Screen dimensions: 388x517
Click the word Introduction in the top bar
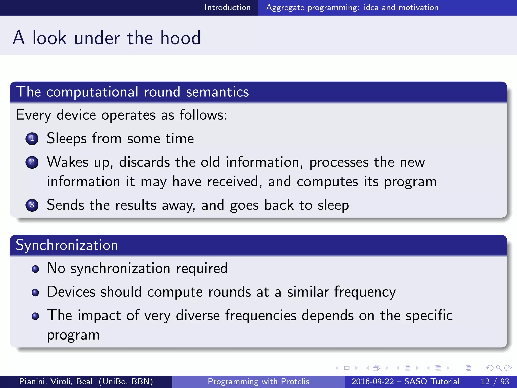click(227, 7)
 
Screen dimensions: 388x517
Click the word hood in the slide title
click(180, 38)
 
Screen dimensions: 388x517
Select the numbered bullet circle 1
click(32, 139)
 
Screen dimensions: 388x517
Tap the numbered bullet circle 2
click(32, 162)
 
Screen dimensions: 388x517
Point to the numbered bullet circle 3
click(32, 205)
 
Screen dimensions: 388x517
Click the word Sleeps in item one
click(67, 139)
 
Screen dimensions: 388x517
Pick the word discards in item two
click(144, 162)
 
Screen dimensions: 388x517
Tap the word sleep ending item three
click(333, 205)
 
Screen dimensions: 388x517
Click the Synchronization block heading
click(67, 245)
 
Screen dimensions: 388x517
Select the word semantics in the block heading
click(217, 92)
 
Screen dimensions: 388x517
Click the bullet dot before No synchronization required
click(35, 269)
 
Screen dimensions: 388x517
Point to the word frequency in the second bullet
click(365, 292)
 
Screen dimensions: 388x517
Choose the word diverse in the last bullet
click(198, 316)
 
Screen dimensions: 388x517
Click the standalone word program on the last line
click(73, 335)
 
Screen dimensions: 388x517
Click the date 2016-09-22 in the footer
click(372, 381)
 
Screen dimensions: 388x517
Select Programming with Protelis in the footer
click(258, 381)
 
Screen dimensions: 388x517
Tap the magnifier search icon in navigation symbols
click(499, 368)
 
